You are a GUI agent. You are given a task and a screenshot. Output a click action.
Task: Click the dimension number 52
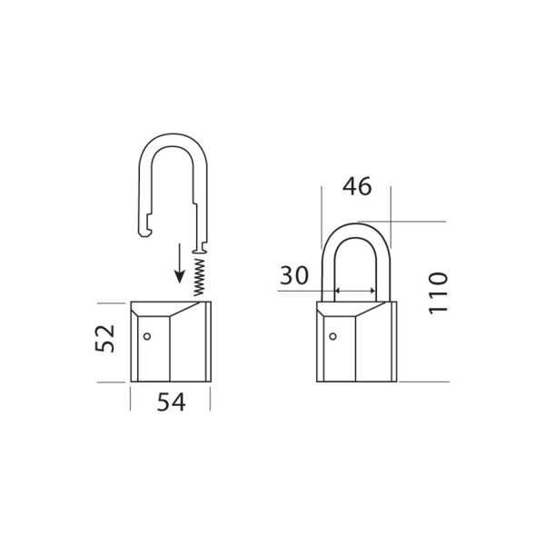tap(106, 339)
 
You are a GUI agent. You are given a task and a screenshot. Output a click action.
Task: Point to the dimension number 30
tap(295, 276)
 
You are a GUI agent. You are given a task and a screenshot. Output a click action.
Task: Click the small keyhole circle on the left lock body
tap(148, 337)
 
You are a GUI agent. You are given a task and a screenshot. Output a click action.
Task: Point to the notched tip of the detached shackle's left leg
tap(143, 233)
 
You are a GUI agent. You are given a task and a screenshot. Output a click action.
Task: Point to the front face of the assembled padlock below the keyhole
tap(337, 363)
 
